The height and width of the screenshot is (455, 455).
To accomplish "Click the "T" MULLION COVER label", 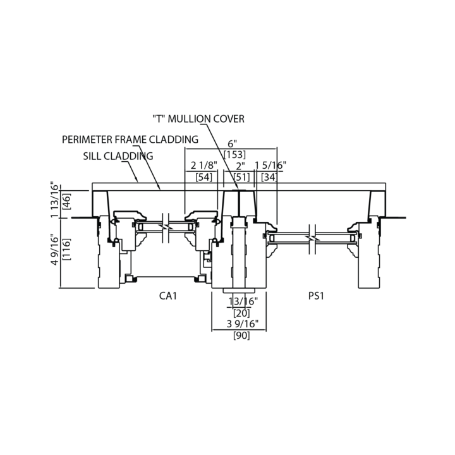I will tap(198, 119).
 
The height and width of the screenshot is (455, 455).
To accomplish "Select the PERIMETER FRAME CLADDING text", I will tap(130, 139).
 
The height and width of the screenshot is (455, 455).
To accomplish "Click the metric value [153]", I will tap(234, 155).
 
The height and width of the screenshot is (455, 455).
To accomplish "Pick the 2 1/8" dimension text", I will tap(204, 166).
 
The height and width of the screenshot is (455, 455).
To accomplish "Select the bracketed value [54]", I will tap(204, 177).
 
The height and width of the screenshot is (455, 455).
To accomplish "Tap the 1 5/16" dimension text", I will tap(270, 166).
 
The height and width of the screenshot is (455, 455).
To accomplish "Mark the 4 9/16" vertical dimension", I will tap(54, 251).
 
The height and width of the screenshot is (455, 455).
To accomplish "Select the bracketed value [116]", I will tap(66, 251).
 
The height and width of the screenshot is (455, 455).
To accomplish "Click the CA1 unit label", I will tap(167, 296).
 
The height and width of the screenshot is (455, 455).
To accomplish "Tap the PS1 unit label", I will tap(317, 296).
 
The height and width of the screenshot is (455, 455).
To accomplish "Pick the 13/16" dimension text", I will tap(240, 302).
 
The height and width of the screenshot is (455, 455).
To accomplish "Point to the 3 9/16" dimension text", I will tap(240, 325).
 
